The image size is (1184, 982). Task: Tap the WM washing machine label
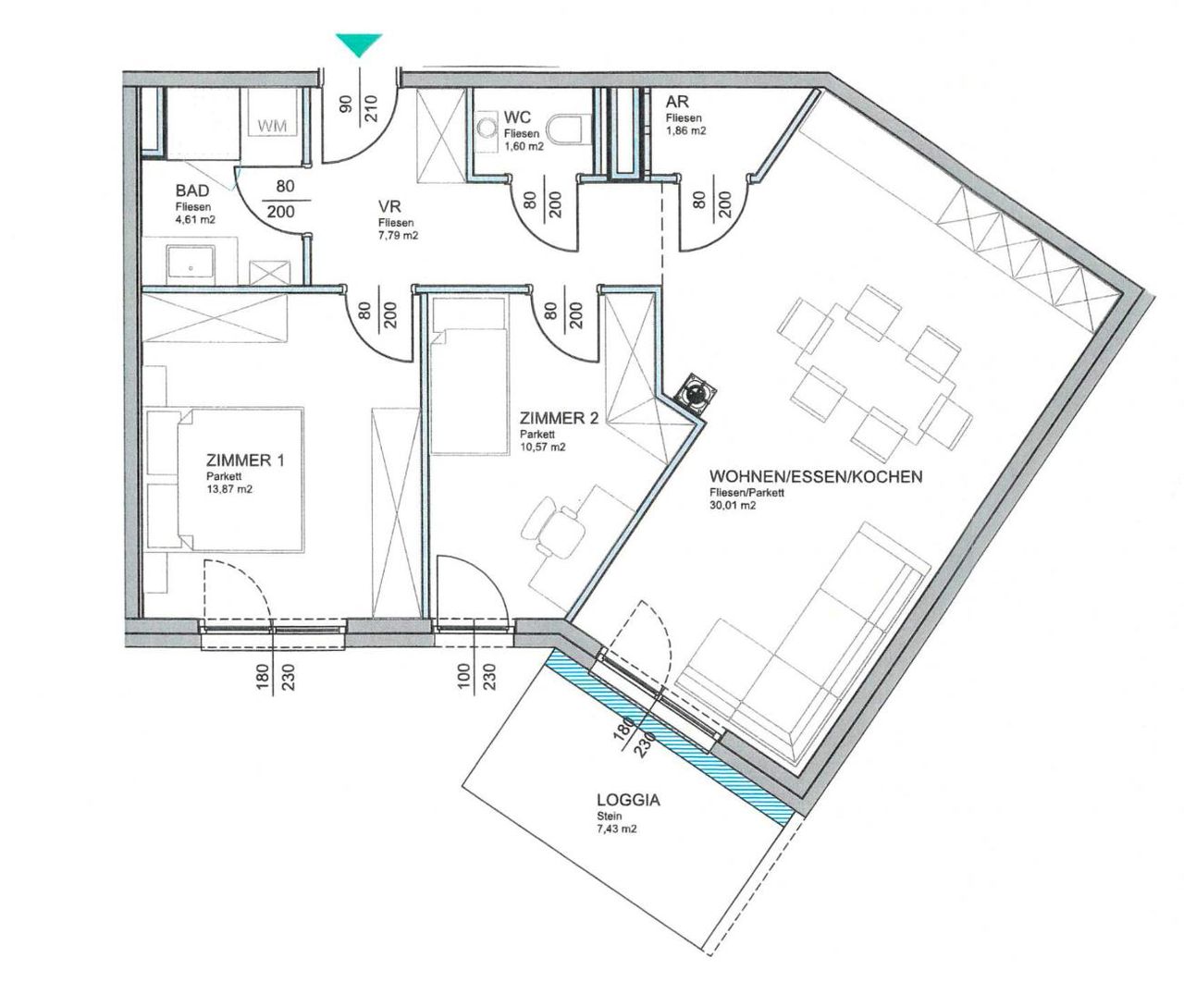[x=273, y=126]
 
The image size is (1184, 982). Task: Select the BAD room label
[x=192, y=190]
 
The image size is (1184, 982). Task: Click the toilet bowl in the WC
[x=569, y=129]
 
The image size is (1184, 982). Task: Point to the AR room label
[x=677, y=102]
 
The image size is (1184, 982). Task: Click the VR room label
[x=389, y=206]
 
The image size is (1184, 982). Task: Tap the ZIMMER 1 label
[x=245, y=460]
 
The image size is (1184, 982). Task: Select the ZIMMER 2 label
[x=559, y=419]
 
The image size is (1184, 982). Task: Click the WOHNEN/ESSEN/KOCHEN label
[x=816, y=477]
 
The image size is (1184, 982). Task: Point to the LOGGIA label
[x=628, y=800]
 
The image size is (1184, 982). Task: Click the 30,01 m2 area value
[x=733, y=505]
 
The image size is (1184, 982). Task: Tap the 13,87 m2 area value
[x=229, y=489]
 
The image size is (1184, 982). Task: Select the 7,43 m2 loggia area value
[x=616, y=829]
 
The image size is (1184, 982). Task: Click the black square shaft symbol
[x=696, y=392]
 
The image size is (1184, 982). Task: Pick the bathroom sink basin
[x=191, y=264]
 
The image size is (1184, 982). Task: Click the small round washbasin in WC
[x=486, y=129]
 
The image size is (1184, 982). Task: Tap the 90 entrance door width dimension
[x=345, y=104]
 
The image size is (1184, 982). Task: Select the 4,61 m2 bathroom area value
[x=195, y=219]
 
